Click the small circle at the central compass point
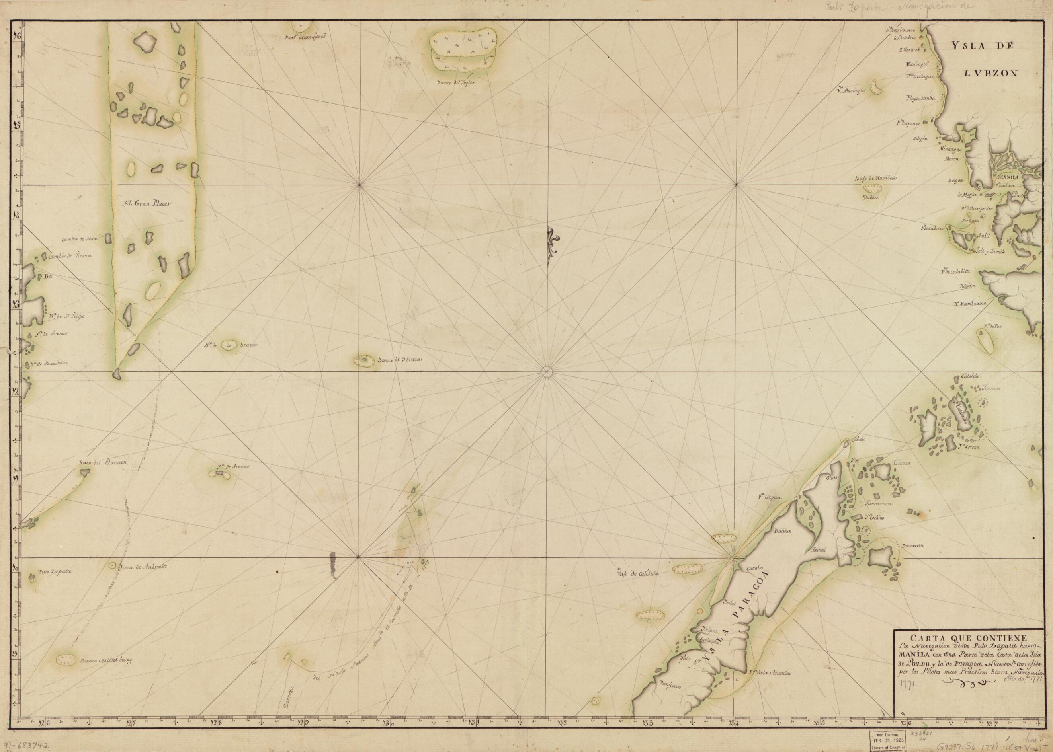[x=547, y=371]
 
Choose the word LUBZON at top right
[x=973, y=73]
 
